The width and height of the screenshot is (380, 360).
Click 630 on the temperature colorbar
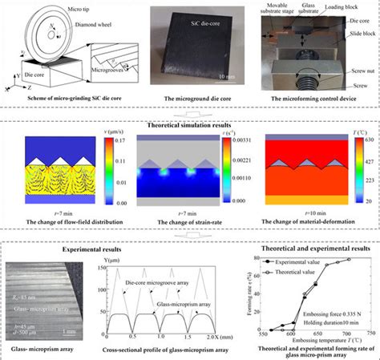[359, 140]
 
